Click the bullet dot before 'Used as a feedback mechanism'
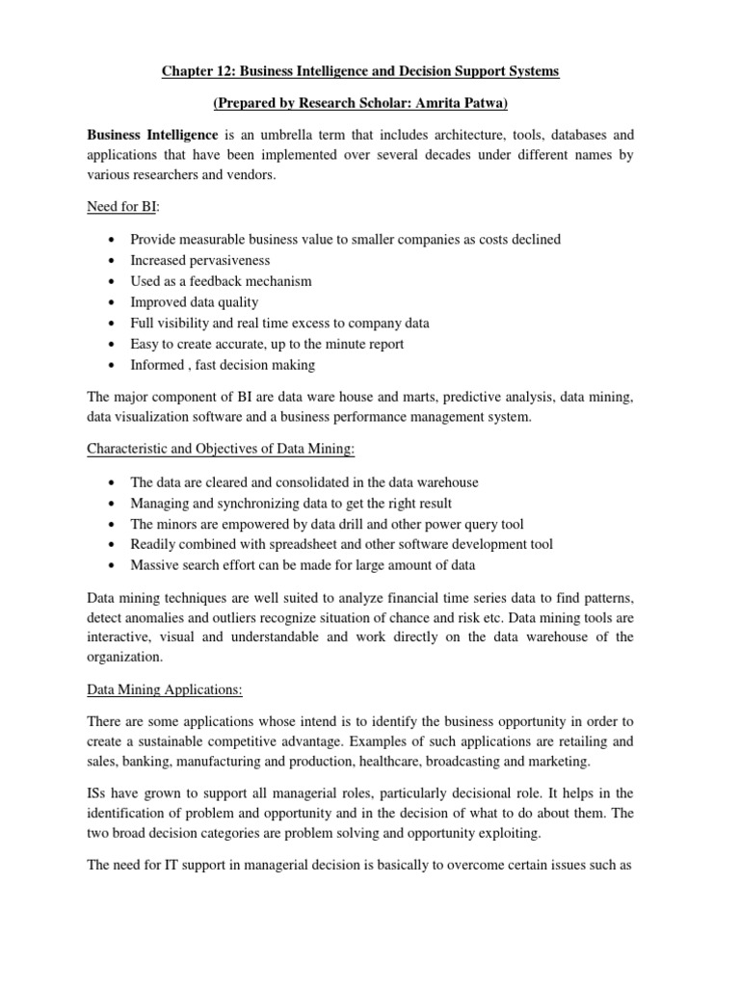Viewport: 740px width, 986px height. pos(115,281)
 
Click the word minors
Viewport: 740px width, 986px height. pos(177,524)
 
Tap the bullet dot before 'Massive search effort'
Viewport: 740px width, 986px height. pos(115,565)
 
